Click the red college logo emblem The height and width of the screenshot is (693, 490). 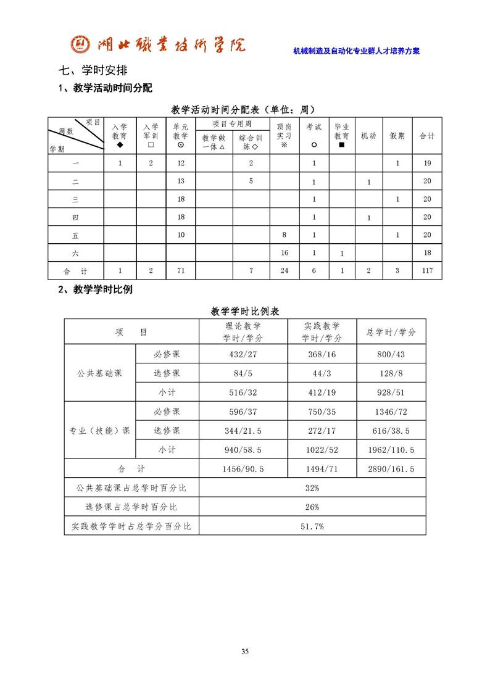(x=81, y=44)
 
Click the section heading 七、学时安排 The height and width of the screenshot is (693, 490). (x=93, y=70)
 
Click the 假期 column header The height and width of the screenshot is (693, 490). (x=397, y=135)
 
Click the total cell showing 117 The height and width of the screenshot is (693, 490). (x=427, y=270)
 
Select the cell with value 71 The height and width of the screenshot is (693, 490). (x=181, y=270)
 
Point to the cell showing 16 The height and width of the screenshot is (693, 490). (x=284, y=253)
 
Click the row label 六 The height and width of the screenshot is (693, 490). (x=75, y=253)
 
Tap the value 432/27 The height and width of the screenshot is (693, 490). (x=243, y=355)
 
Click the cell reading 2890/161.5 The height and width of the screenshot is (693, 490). (x=391, y=469)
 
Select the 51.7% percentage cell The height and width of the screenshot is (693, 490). (x=312, y=526)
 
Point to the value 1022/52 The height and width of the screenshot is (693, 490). (x=322, y=450)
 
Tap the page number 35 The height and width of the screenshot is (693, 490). (x=245, y=652)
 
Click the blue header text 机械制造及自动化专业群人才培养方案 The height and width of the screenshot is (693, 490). (x=356, y=51)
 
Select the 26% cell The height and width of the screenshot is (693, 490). (x=312, y=507)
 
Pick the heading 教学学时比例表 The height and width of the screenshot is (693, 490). (x=245, y=311)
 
